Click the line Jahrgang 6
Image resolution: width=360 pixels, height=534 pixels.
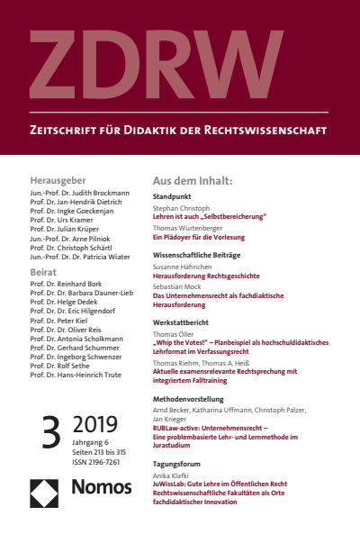pyautogui.click(x=89, y=440)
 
